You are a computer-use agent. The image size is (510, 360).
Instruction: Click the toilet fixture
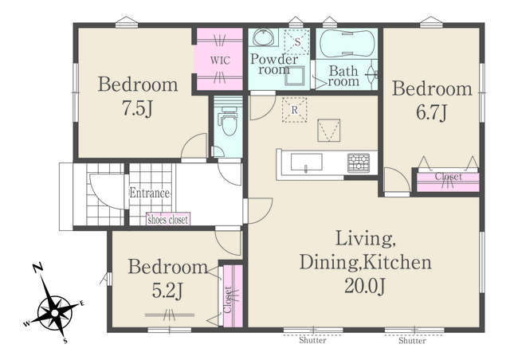click(x=229, y=121)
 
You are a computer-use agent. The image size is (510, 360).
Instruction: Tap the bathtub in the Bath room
click(x=347, y=43)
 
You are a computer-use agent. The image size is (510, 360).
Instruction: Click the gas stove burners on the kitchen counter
click(x=359, y=162)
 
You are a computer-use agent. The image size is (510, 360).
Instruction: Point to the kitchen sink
click(x=306, y=162)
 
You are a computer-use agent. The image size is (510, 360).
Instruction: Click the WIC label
click(x=220, y=61)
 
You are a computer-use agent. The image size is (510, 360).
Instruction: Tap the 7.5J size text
click(x=137, y=108)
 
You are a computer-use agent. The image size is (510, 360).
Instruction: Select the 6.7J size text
click(x=432, y=112)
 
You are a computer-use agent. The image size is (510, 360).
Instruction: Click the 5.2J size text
click(x=168, y=291)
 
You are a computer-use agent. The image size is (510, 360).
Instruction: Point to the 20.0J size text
click(x=365, y=286)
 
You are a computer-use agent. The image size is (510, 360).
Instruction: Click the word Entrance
click(x=149, y=194)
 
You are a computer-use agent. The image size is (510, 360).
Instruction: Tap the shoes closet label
click(x=168, y=220)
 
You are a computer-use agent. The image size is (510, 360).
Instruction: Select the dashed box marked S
click(x=297, y=41)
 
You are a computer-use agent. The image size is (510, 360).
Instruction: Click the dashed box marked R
click(x=294, y=110)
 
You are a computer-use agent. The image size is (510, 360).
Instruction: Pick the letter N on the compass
click(x=38, y=268)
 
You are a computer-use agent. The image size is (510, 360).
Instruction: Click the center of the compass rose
click(x=55, y=313)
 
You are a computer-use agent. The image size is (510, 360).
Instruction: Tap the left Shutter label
click(x=312, y=340)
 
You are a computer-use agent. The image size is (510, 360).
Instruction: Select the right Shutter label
click(x=413, y=341)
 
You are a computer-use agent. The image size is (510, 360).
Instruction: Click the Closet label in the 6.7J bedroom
click(x=449, y=177)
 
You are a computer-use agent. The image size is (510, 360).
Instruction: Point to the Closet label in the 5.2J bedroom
click(x=228, y=299)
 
